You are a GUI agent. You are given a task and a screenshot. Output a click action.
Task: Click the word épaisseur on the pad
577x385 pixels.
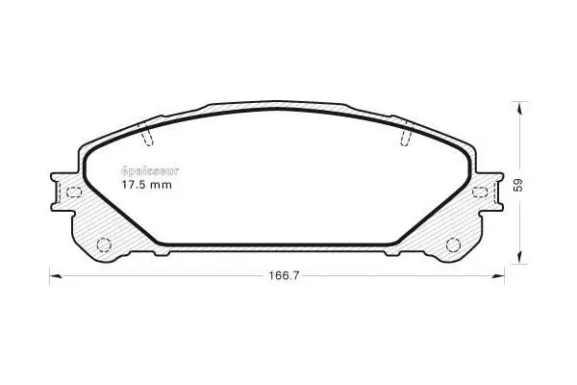(x=144, y=170)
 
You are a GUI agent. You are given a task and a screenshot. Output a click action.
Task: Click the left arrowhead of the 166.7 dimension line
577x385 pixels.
(x=55, y=276)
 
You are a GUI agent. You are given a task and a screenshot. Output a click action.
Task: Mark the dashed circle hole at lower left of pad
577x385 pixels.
(x=105, y=243)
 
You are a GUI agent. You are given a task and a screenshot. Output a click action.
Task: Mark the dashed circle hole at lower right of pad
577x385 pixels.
(x=452, y=243)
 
